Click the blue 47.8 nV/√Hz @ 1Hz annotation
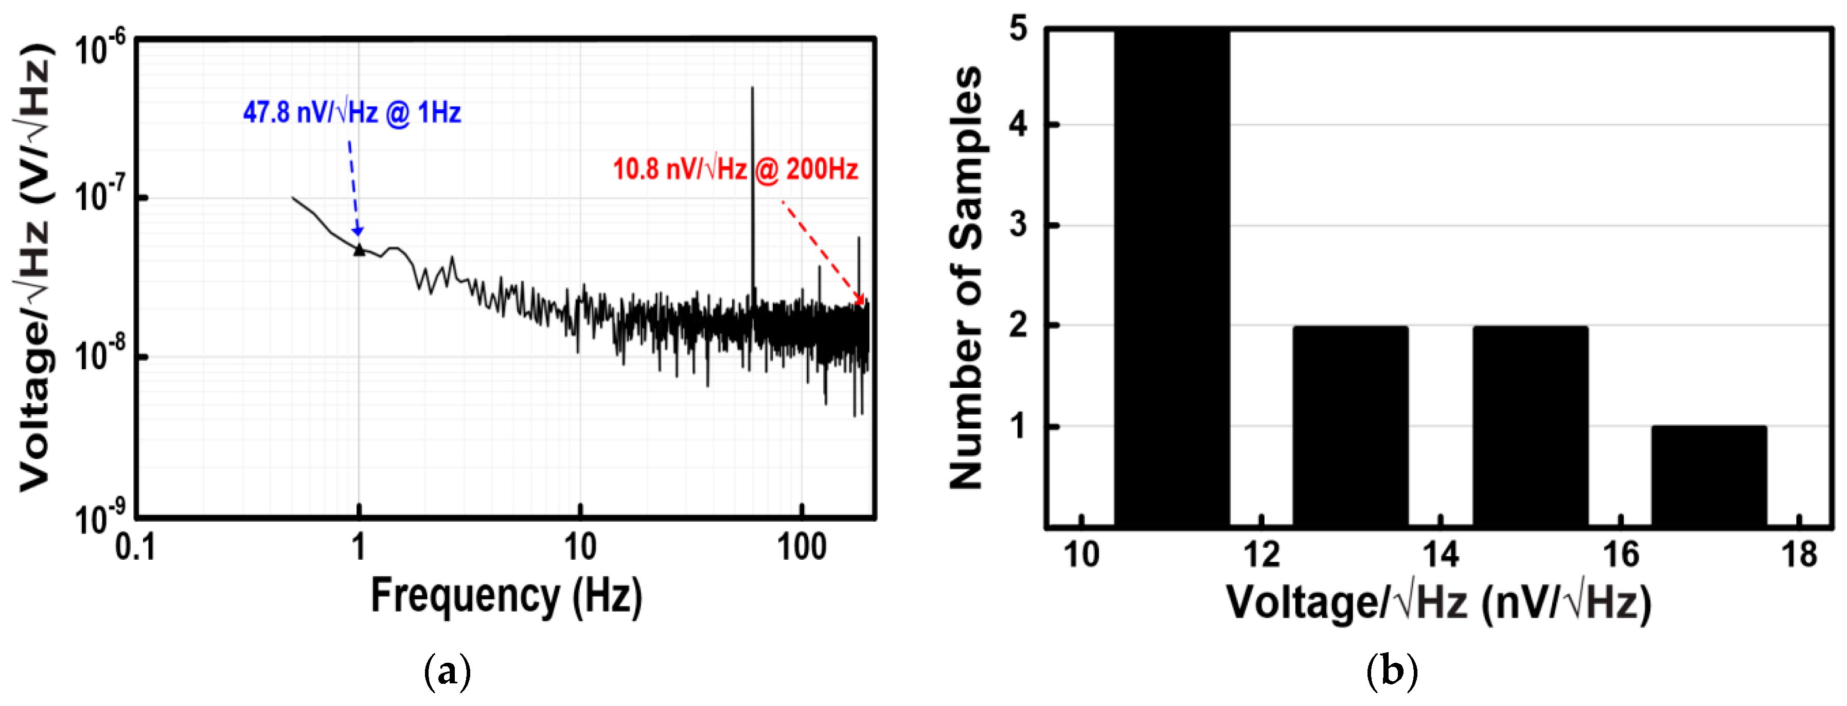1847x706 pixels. point(351,113)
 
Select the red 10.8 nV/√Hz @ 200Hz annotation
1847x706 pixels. point(735,170)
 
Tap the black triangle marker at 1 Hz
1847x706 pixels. point(359,249)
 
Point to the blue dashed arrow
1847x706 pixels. point(353,186)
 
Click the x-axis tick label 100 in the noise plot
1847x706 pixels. point(802,548)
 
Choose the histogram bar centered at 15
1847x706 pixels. point(1530,426)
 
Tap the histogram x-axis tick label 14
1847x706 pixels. point(1440,555)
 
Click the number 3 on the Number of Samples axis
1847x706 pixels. point(1018,225)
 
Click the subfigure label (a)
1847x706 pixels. point(448,673)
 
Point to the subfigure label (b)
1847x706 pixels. point(1392,673)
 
